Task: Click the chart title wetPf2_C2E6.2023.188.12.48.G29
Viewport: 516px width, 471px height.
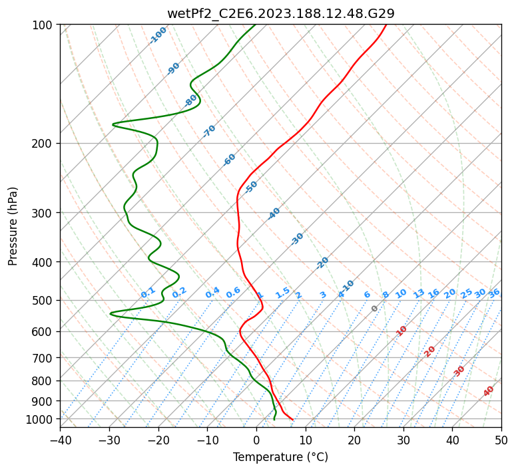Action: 280,13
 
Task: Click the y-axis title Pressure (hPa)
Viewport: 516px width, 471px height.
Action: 13,226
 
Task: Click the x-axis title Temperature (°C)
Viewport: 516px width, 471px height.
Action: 280,457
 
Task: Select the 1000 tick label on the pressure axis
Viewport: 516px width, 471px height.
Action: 41,419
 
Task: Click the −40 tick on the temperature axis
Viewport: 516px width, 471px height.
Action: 60,440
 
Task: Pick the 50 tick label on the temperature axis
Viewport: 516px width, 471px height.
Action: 501,440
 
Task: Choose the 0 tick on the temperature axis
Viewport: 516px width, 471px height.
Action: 256,440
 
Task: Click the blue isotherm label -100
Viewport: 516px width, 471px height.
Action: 158,35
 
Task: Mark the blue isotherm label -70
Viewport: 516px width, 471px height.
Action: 209,131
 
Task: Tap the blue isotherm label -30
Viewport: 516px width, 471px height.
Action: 297,239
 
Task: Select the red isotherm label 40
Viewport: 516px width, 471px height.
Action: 489,391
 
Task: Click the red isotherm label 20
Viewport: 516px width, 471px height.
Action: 429,351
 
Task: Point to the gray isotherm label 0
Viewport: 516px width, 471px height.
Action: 375,309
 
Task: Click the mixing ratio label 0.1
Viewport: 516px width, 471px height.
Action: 148,292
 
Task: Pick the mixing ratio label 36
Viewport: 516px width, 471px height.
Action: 494,293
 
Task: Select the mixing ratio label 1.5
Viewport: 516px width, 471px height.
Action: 282,292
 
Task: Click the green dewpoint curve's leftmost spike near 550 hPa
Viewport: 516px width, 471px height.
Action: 111,313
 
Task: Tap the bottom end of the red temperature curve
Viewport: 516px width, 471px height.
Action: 292,419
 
